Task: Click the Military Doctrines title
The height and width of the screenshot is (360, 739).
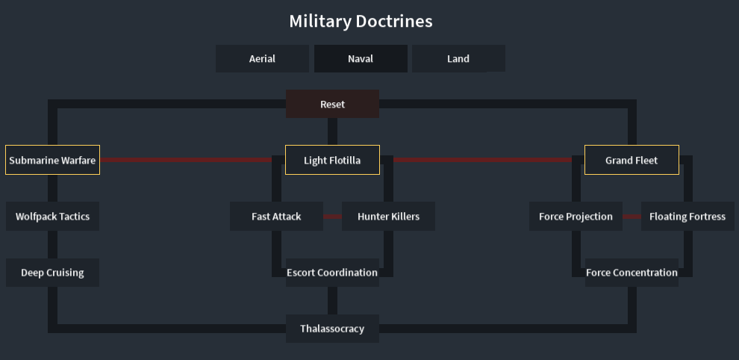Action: coord(361,21)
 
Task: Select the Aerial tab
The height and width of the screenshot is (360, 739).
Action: coord(262,59)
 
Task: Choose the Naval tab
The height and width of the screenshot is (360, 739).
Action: coord(361,59)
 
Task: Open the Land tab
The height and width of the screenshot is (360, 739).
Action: coord(458,59)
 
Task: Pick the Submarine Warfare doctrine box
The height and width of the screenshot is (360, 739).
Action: coord(52,160)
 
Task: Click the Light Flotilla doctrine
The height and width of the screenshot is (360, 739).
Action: coord(332,160)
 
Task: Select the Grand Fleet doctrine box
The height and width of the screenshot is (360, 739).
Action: coord(632,160)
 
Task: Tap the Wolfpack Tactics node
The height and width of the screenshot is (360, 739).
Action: coord(52,217)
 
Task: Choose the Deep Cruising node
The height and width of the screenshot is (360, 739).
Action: coord(52,273)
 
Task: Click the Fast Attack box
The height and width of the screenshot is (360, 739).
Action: coord(276,217)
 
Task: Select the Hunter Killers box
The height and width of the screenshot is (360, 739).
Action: coord(388,217)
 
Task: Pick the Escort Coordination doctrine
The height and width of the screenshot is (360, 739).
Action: coord(332,273)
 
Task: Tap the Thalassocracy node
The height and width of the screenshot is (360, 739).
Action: coord(332,329)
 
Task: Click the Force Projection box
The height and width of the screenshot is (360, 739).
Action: coord(576,217)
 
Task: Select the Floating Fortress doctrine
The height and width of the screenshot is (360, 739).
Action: coord(687,217)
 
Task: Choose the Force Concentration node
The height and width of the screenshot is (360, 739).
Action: coord(632,273)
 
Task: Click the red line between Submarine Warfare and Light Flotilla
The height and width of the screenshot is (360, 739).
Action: coord(187,160)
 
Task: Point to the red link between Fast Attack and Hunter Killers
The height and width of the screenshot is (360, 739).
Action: coord(333,217)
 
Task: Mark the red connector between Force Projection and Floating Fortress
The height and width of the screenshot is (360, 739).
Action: coord(632,217)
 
